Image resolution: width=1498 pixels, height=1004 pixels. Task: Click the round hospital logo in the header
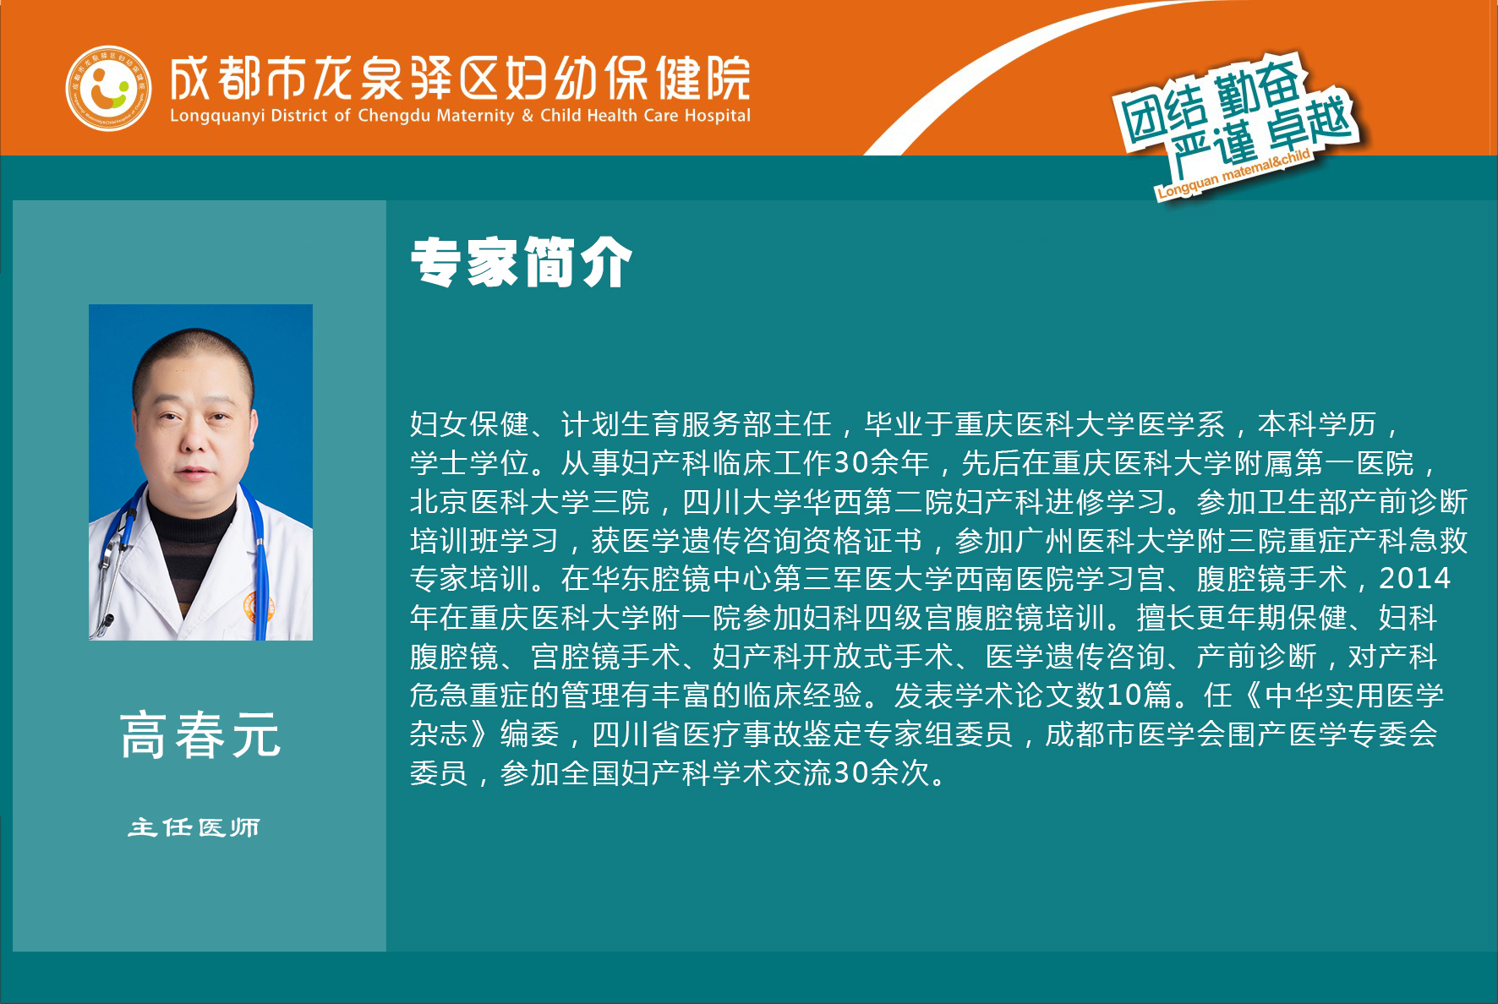click(108, 88)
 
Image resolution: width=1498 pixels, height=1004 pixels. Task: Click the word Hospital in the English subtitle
click(717, 116)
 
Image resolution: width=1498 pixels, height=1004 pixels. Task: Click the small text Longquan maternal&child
click(1233, 173)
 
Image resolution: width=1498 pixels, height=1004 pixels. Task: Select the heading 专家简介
click(522, 262)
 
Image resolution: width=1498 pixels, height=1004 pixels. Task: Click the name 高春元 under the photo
click(200, 734)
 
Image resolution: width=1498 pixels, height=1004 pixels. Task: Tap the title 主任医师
click(194, 827)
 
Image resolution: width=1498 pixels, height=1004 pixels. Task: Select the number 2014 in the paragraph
click(1414, 579)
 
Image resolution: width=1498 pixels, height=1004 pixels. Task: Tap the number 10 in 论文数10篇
click(1124, 695)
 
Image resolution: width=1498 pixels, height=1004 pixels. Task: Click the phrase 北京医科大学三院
click(530, 501)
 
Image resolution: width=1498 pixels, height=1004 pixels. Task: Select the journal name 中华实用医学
click(1354, 695)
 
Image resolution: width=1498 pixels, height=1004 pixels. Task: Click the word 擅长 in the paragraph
click(1166, 618)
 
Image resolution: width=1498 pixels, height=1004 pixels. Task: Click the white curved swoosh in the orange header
click(1014, 68)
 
